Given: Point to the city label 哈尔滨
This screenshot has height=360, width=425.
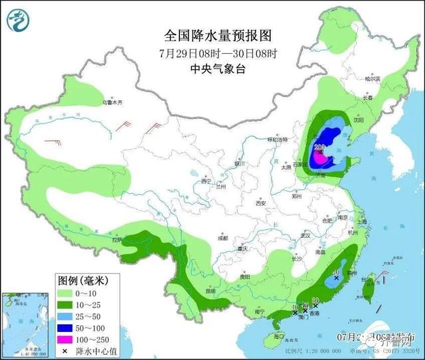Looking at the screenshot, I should [375, 78].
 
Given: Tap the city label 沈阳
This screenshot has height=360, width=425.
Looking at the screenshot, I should [359, 120].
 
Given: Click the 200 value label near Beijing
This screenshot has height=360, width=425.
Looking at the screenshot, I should [318, 146].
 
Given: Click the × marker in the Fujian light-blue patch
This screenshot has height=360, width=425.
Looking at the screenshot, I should [337, 278].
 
